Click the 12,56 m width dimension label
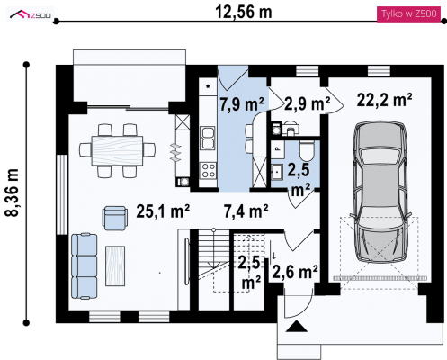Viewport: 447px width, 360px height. click(x=244, y=13)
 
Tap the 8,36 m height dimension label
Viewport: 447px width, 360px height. click(x=13, y=193)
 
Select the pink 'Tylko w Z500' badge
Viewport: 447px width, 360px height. click(x=408, y=14)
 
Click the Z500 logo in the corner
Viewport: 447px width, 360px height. click(x=31, y=14)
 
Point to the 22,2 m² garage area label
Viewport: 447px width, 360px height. click(x=384, y=100)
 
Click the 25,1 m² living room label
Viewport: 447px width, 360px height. click(x=163, y=211)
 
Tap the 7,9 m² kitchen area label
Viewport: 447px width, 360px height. click(x=242, y=104)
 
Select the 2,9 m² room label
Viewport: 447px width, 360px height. click(x=307, y=103)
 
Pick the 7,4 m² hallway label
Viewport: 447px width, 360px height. click(x=246, y=211)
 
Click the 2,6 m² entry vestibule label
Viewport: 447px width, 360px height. click(x=295, y=272)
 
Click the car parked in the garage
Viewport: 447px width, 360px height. click(x=380, y=192)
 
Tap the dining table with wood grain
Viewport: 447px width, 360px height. click(x=117, y=150)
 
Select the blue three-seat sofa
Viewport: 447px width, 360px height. click(x=85, y=266)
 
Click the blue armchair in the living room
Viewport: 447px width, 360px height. click(x=115, y=218)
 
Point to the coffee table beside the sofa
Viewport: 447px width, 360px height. click(x=115, y=266)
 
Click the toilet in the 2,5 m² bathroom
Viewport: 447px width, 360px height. click(x=307, y=151)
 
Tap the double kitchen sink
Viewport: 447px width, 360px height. click(x=208, y=139)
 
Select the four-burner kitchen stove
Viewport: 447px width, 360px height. click(x=208, y=170)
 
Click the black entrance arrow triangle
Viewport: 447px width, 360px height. click(x=297, y=327)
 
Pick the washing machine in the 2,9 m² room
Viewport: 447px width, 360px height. click(x=276, y=130)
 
